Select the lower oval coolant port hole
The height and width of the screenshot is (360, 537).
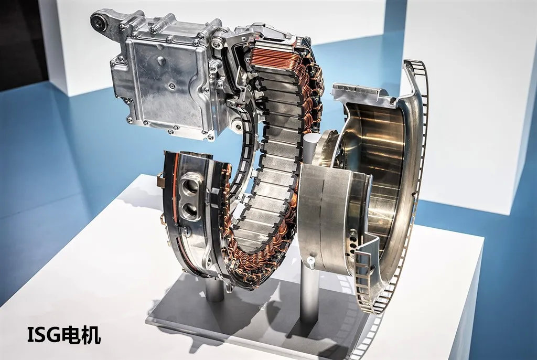[190, 209]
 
